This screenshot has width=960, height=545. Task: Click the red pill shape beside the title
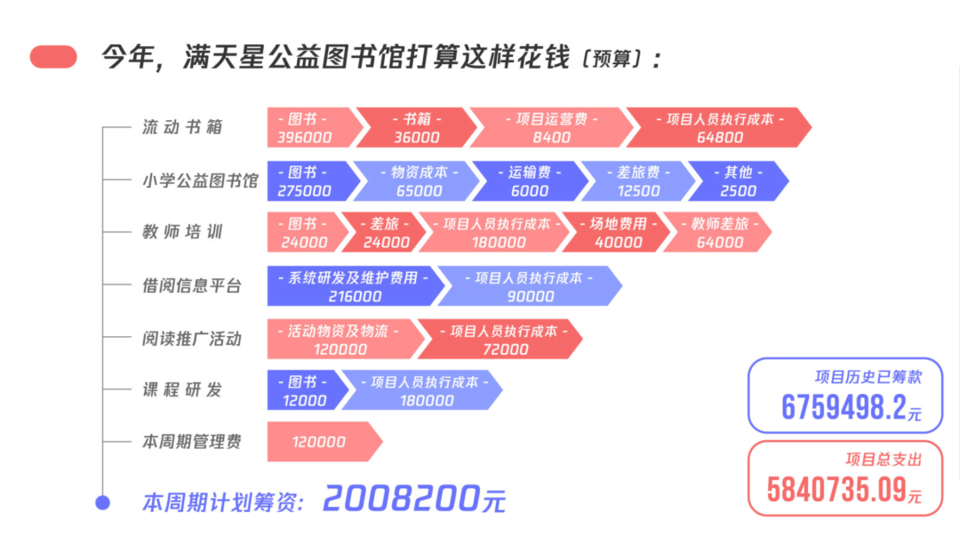(53, 57)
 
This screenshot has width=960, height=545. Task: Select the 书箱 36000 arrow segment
(416, 127)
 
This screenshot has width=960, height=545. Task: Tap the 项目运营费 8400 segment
(551, 127)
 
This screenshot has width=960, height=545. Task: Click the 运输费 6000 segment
(530, 181)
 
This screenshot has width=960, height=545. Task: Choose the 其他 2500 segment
(739, 181)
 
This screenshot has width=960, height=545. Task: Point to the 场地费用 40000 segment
(617, 233)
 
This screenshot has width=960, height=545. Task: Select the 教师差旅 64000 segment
(719, 233)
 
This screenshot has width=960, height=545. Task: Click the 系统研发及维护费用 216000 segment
(355, 286)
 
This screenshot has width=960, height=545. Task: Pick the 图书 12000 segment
(304, 390)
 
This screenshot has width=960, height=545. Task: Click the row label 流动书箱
(182, 127)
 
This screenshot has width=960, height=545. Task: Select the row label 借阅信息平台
(192, 286)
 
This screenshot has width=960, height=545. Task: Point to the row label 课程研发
(182, 390)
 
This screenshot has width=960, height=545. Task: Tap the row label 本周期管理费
(192, 442)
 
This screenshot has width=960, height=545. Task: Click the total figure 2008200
(401, 499)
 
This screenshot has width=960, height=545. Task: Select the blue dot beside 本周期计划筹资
(103, 502)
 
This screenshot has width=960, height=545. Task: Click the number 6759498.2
(844, 407)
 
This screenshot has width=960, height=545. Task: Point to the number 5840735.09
(836, 490)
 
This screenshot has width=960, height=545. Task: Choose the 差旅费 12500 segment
(638, 181)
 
